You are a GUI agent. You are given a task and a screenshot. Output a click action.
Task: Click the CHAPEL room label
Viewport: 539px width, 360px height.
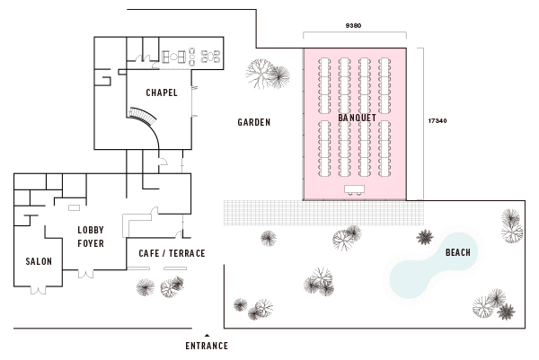pos(162,92)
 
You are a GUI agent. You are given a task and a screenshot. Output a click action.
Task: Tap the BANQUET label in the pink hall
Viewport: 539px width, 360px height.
pos(358,118)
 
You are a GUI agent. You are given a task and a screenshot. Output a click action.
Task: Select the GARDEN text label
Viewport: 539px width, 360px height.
pos(254,123)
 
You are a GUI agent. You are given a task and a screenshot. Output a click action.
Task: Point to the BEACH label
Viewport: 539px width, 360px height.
pos(458,253)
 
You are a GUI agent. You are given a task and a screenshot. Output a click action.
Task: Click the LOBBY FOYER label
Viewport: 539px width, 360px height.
pos(91,235)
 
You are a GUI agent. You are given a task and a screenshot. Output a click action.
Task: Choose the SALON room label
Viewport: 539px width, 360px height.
pos(39,262)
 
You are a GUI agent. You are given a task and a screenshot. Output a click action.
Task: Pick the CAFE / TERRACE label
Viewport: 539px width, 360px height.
pos(172,254)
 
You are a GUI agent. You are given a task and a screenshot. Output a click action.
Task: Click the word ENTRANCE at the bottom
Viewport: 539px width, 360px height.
pos(207,346)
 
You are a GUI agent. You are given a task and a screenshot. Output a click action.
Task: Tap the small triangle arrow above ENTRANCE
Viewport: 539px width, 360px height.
pos(207,334)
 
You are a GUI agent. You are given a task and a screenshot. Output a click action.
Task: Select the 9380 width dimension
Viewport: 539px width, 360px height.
pos(354,26)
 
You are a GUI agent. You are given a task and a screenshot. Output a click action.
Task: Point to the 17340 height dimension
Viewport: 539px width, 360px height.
pos(438,120)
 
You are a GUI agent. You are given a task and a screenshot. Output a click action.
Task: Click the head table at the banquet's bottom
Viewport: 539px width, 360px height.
pos(354,189)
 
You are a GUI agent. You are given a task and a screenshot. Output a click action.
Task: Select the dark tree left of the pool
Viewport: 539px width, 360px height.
pos(425,237)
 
